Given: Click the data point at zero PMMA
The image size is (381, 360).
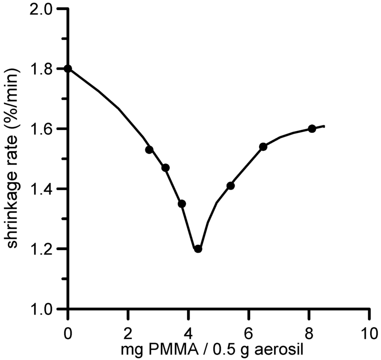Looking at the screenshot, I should tap(68, 69).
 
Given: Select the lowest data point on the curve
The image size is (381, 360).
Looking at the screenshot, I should tap(198, 249).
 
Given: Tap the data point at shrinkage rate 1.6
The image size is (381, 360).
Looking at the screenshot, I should tap(312, 129).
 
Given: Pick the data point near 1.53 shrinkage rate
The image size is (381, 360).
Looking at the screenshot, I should tap(150, 150).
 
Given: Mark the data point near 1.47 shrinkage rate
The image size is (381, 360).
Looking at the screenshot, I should tap(166, 168).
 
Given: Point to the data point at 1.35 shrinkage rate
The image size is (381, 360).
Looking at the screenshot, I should tap(182, 204).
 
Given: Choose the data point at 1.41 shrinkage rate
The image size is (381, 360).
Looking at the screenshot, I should tap(230, 186).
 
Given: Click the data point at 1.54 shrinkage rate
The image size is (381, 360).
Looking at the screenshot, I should tap(263, 147).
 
